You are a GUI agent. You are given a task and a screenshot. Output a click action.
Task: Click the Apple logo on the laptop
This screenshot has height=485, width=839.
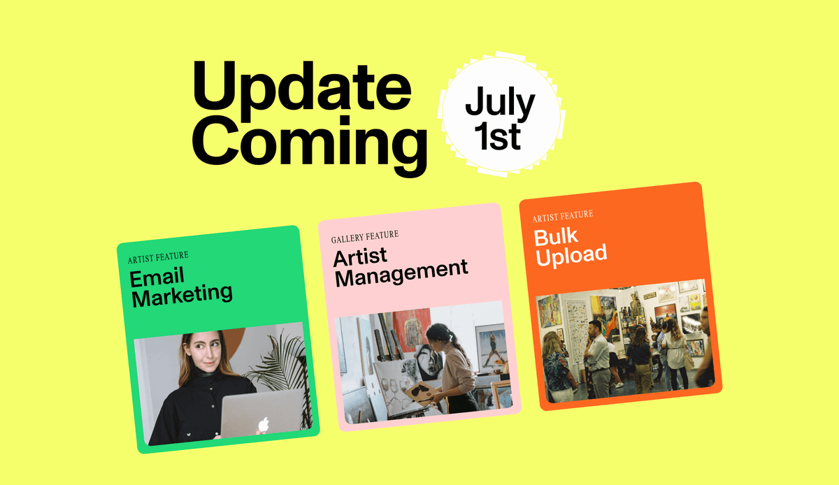pos(263,424)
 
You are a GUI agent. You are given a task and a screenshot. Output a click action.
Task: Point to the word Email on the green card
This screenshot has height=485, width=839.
pos(157,277)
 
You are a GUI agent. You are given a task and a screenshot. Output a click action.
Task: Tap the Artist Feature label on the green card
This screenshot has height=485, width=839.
pos(158,258)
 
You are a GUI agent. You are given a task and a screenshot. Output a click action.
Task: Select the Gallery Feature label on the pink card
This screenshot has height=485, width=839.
pos(365,237)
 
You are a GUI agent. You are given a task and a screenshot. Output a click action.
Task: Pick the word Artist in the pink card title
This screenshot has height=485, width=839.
pos(360,256)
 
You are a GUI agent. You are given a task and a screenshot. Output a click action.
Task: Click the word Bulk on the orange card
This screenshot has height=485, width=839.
pos(557,237)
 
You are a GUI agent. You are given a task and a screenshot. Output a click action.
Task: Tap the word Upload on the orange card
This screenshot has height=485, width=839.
pos(571,256)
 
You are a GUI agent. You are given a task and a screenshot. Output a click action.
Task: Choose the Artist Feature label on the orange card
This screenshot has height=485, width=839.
pos(562,215)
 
